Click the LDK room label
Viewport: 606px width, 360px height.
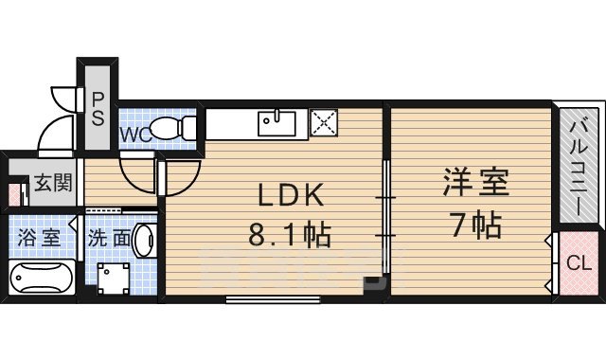[x=292, y=195]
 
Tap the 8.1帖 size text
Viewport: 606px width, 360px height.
[x=290, y=234]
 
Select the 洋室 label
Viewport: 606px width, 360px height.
[x=474, y=183]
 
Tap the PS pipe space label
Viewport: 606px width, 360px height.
[x=98, y=105]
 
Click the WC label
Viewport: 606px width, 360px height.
[x=134, y=135]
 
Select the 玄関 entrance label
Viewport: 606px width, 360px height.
[x=46, y=184]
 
